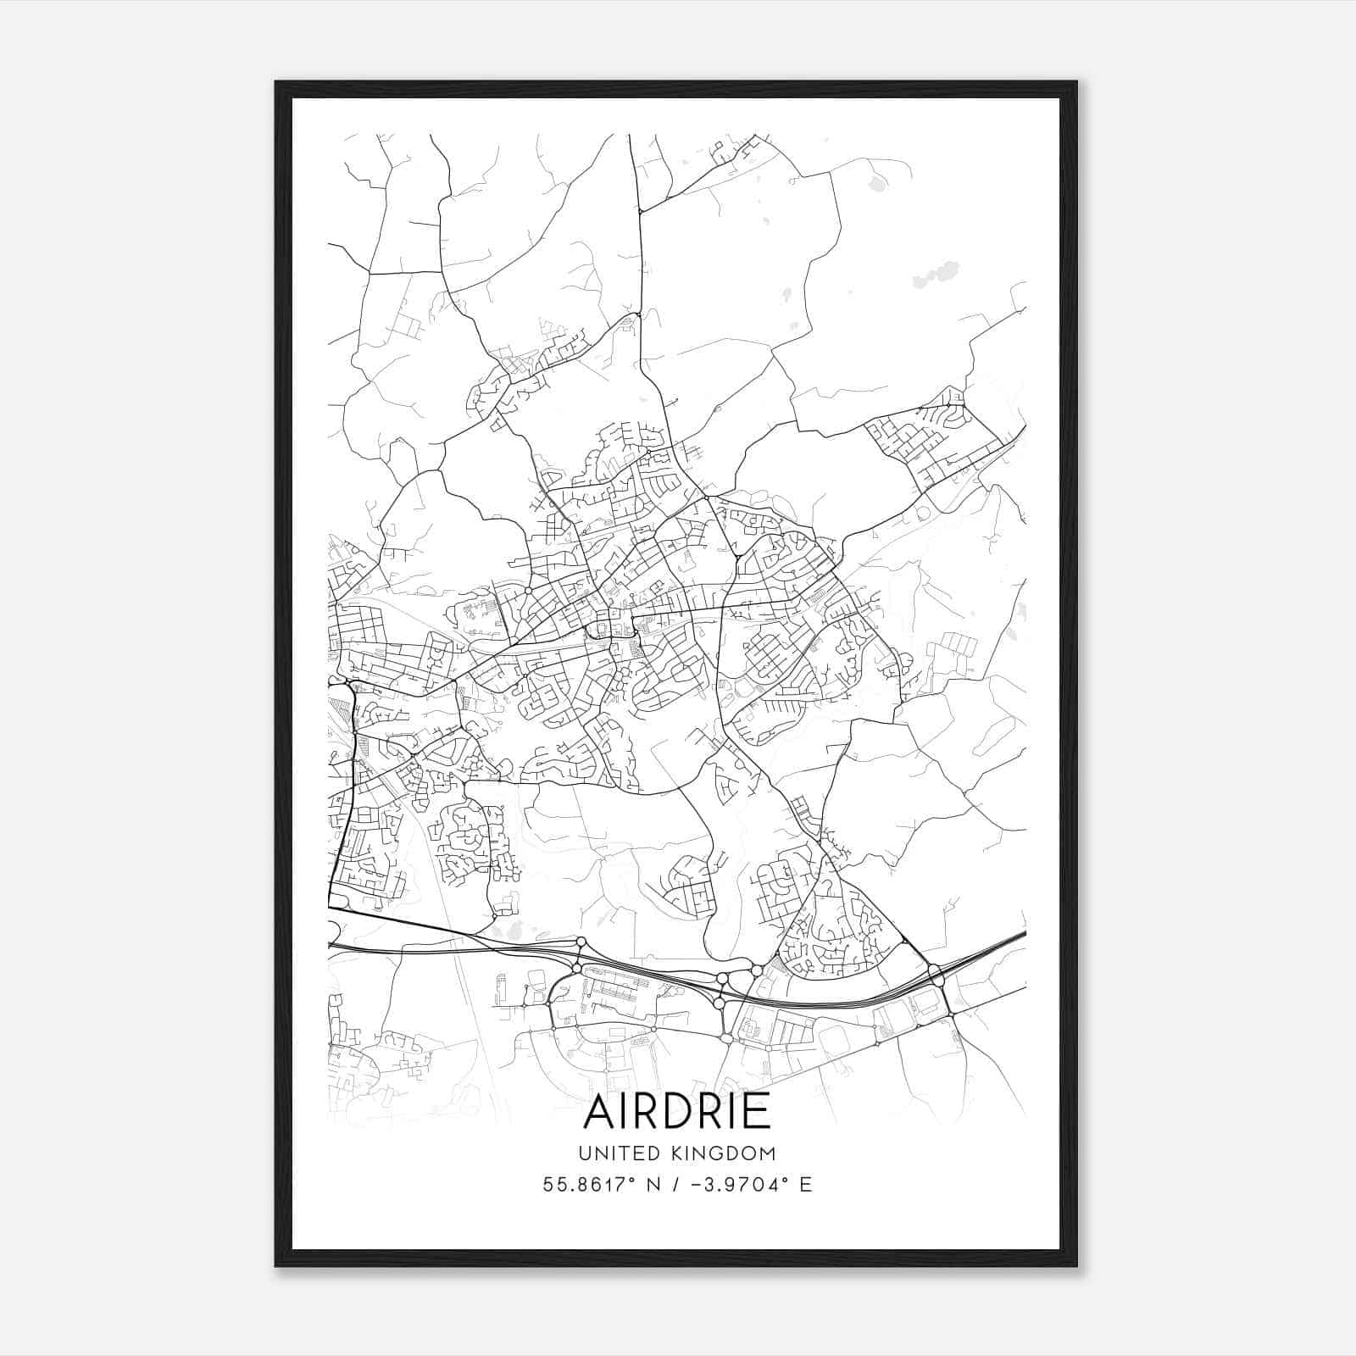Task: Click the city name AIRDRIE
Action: (677, 1111)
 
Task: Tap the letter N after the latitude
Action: (653, 1184)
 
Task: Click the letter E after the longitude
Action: (805, 1184)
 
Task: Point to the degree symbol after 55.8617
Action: (634, 1178)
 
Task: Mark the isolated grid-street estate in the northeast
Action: (932, 441)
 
